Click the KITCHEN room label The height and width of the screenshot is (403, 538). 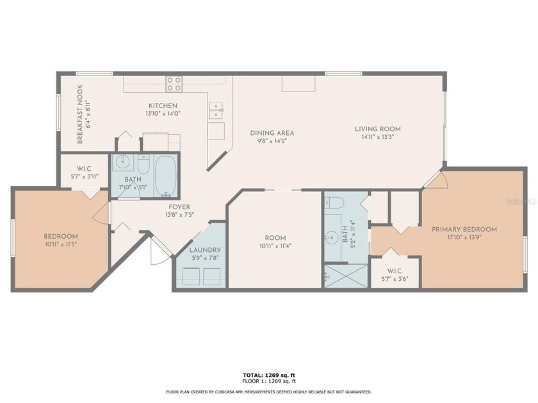coord(163,106)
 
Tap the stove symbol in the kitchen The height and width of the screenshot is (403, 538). coord(174,84)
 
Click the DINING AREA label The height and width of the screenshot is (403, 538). coord(272,133)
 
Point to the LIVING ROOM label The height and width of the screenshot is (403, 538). coord(378,129)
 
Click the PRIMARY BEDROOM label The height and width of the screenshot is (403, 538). coord(464,229)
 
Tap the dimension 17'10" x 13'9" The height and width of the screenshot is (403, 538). coord(464,237)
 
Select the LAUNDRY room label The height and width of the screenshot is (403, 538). coord(205,250)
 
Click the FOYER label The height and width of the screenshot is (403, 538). coord(179,207)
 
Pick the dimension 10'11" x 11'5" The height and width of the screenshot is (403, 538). coord(61,244)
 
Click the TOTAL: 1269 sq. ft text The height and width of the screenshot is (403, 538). coord(268,375)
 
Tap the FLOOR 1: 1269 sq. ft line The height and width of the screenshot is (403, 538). coord(268,381)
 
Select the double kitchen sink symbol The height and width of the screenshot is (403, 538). coord(216,110)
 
